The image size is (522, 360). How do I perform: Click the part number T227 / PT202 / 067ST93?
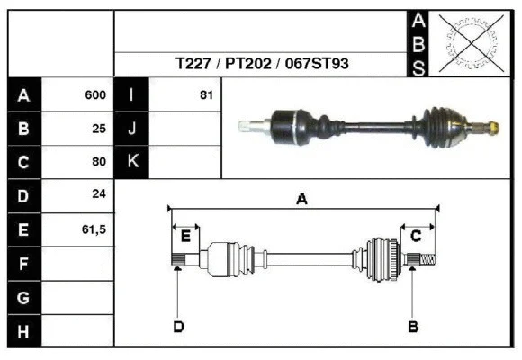pos(261,64)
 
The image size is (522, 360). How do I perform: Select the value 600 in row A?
pos(95,95)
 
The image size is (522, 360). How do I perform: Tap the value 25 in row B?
pos(99,129)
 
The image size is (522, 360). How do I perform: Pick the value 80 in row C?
pos(99,163)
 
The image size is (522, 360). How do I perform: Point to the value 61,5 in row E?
pos(94,229)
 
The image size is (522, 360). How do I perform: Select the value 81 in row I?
pos(206,95)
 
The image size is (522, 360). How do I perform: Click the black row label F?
pos(24,264)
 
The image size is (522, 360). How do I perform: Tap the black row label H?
pos(24,331)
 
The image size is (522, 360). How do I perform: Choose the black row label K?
pos(132,163)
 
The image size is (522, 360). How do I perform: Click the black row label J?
pos(132,129)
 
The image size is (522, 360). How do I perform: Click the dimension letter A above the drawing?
pos(302,201)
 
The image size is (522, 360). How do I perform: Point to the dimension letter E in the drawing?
pos(185,237)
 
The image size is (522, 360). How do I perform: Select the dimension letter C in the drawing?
pos(416,237)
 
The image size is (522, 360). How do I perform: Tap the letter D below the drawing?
pos(178,326)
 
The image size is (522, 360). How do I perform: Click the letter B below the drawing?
pos(413,326)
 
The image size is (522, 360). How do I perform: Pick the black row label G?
pos(24,297)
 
